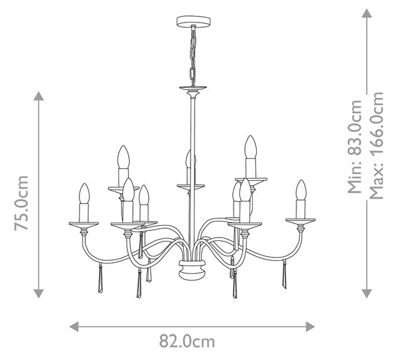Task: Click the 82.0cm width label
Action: coord(187,341)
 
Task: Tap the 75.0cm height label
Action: coord(21,203)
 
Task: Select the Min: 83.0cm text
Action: coord(355,147)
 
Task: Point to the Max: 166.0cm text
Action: coord(376,146)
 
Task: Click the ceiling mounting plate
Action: coord(193,21)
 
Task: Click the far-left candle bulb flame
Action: coord(84,193)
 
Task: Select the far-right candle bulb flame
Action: coord(301,190)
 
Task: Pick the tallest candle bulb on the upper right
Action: coord(251,147)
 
